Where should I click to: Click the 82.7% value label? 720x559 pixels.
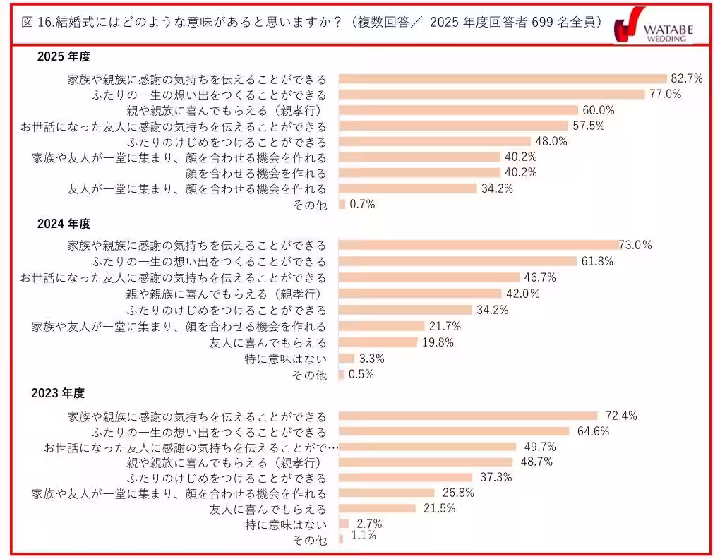687,78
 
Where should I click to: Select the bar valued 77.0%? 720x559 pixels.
492,95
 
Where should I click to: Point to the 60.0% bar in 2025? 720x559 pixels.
459,110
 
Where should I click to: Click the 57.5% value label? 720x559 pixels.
587,126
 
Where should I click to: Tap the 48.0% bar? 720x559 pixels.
435,141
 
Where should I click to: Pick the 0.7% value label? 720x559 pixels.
361,204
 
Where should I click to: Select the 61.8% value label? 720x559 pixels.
596,261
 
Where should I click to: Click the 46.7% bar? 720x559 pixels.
429,277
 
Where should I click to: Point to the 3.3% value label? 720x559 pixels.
372,359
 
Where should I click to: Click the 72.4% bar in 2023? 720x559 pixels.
469,416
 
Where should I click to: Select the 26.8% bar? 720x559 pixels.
387,493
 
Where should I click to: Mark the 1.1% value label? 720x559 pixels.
364,536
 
